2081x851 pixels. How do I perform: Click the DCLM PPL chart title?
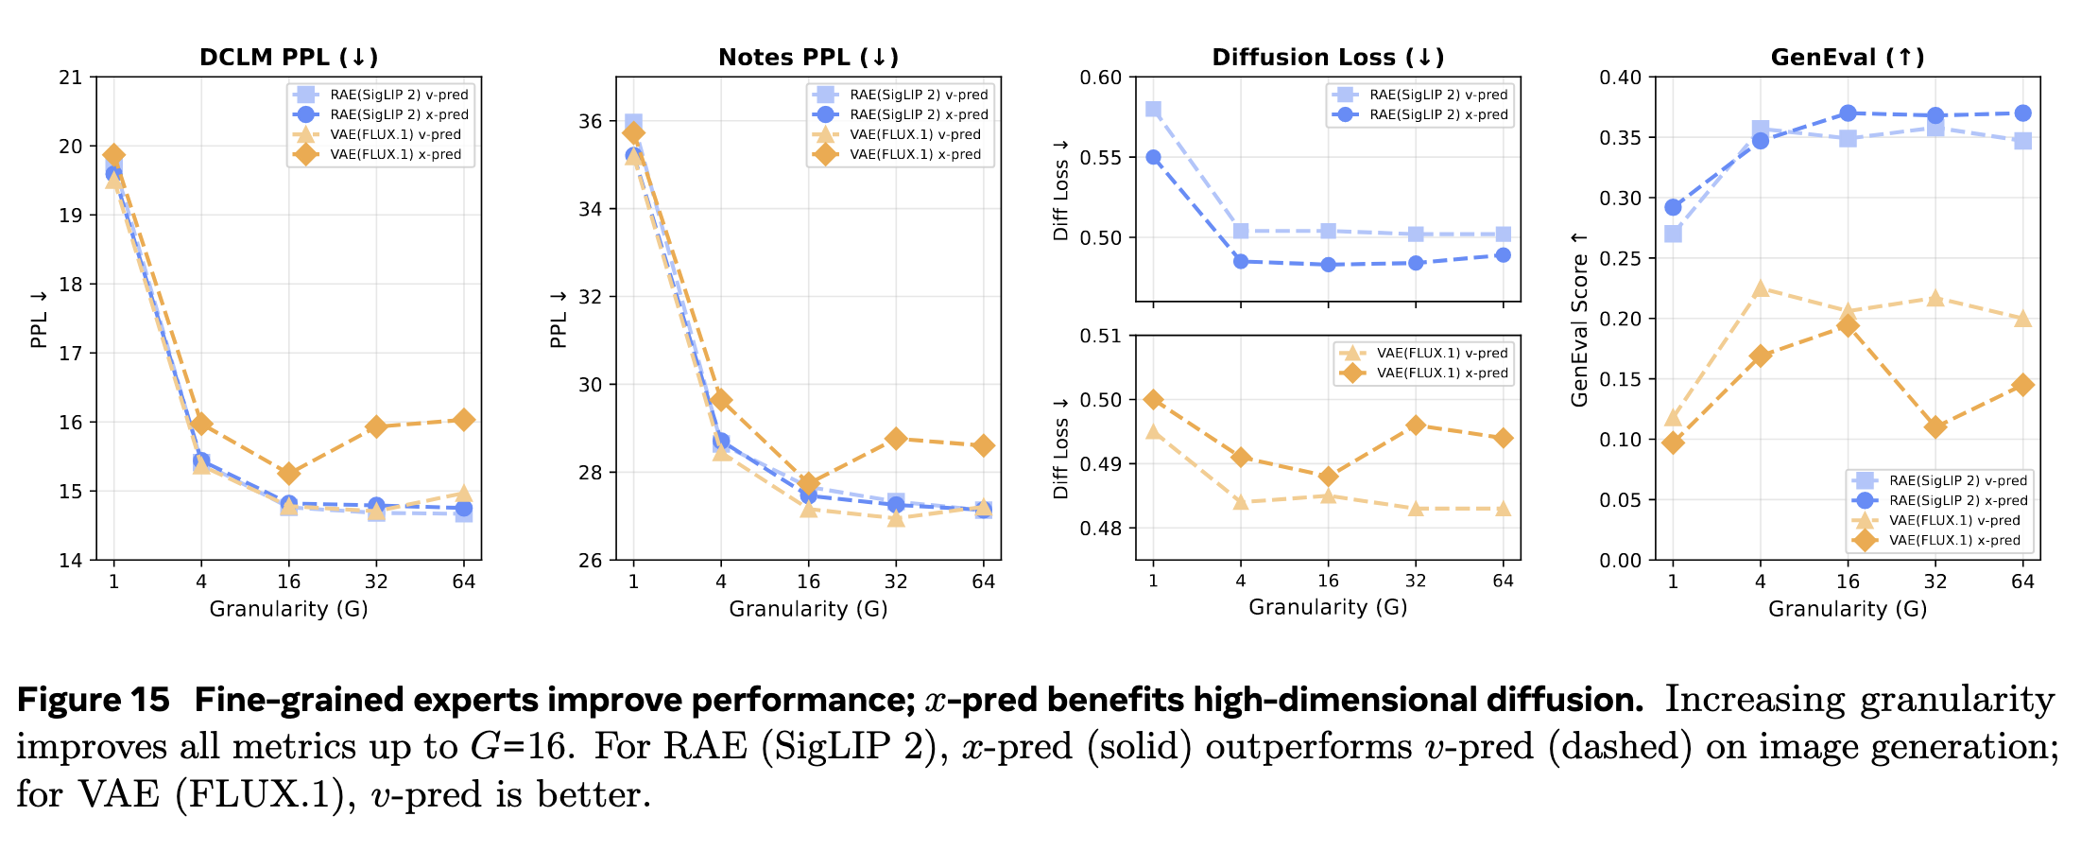(288, 57)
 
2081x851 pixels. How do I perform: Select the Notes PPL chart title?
(808, 57)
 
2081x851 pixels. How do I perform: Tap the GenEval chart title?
(1848, 57)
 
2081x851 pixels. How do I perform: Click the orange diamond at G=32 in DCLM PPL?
(376, 426)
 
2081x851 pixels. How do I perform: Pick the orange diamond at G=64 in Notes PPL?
(984, 445)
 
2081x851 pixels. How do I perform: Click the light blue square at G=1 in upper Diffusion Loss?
(1153, 110)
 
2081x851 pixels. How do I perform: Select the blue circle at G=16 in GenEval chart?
(1848, 113)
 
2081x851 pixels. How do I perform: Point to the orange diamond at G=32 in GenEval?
(1935, 427)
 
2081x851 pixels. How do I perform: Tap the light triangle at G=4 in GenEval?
(1760, 288)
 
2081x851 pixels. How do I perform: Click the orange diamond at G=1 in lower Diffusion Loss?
(1153, 400)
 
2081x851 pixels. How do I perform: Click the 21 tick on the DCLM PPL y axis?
(71, 78)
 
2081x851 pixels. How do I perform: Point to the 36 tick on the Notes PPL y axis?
(591, 121)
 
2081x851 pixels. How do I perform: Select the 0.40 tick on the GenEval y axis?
(1620, 78)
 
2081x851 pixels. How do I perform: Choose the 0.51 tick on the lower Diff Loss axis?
(1101, 336)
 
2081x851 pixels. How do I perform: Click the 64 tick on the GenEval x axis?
(2022, 581)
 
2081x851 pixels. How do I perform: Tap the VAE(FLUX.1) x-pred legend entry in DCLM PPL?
(395, 154)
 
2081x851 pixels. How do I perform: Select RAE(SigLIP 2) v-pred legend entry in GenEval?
(1957, 480)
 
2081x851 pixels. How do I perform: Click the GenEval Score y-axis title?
(1579, 320)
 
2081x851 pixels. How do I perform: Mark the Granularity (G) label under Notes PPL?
(808, 609)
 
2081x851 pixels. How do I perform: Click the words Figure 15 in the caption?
(93, 700)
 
